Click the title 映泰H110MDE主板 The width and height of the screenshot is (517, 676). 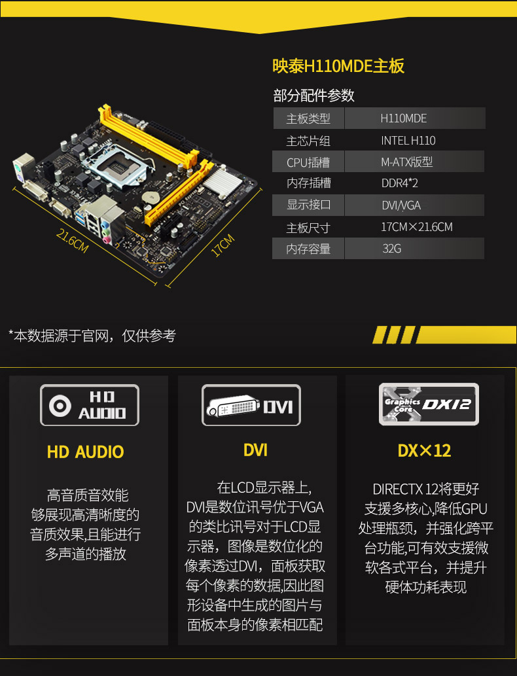coord(338,66)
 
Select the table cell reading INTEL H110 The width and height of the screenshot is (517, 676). coord(408,141)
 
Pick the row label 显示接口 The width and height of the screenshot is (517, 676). coord(308,205)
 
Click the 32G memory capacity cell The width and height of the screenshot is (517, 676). coord(391,249)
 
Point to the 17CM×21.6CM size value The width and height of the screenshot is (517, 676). coord(416,227)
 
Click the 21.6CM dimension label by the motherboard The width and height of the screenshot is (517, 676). coord(72,240)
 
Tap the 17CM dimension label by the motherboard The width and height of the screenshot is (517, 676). coord(223,246)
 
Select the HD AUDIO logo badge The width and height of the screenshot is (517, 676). coord(90,405)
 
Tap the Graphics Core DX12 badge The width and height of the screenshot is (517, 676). coord(429,404)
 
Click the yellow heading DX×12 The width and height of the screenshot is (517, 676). coord(424,451)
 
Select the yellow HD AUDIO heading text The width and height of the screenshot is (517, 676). coord(85,452)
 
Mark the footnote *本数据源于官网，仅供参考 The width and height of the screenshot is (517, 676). coord(92,336)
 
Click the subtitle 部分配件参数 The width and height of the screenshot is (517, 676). coord(313,95)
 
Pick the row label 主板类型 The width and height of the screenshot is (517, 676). coord(308,118)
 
